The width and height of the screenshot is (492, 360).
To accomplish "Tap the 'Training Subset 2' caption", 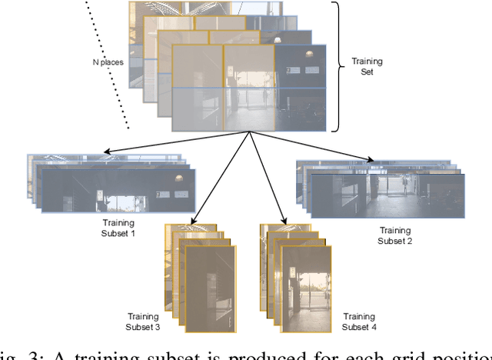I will pyautogui.click(x=395, y=235).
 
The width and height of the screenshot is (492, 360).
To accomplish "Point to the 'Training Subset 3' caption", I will pyautogui.click(x=142, y=322).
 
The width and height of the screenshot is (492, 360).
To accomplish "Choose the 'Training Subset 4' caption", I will pyautogui.click(x=358, y=322).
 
